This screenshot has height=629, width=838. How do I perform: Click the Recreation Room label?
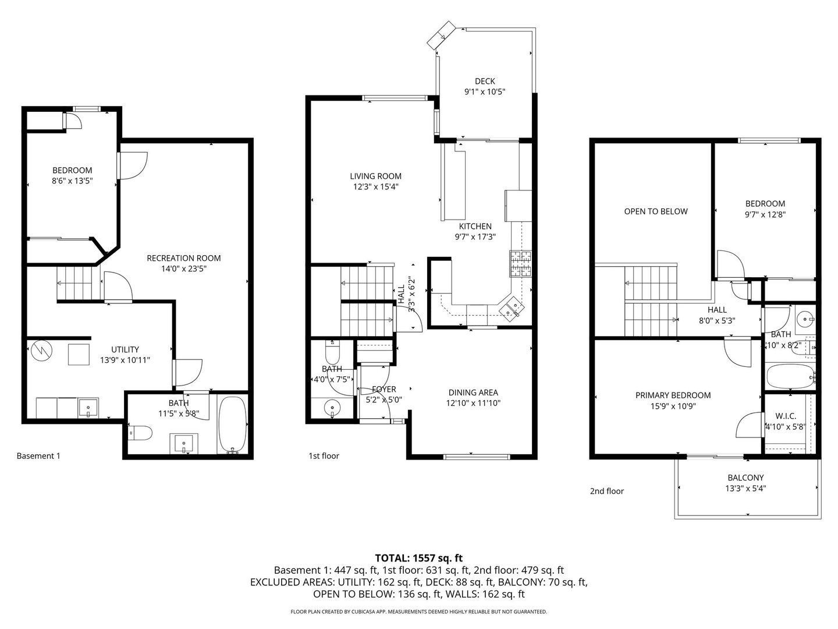coord(183,258)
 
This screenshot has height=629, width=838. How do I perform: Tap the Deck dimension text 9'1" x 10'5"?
coord(484,92)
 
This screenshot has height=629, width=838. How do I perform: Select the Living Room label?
coord(375,176)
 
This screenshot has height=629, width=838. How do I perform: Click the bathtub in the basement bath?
coord(232,425)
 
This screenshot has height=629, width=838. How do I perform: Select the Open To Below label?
coord(655,211)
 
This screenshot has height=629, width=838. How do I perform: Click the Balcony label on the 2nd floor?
coord(745,478)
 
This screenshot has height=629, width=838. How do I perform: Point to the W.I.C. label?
coord(786,416)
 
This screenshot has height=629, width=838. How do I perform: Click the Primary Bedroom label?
coord(673,395)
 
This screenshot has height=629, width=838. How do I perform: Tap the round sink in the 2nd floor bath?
coord(805,319)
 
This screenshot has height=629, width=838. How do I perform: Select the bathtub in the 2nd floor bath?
coord(790,376)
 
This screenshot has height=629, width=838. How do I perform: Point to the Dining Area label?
coord(473,393)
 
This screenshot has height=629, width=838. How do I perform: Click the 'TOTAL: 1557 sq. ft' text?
coord(418,558)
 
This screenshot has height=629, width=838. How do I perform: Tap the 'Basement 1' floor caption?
coord(38,456)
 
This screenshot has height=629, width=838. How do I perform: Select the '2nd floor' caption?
coord(606,491)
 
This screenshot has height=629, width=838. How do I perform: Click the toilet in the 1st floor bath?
coord(332,353)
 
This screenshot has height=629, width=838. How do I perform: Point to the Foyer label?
coord(384,389)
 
